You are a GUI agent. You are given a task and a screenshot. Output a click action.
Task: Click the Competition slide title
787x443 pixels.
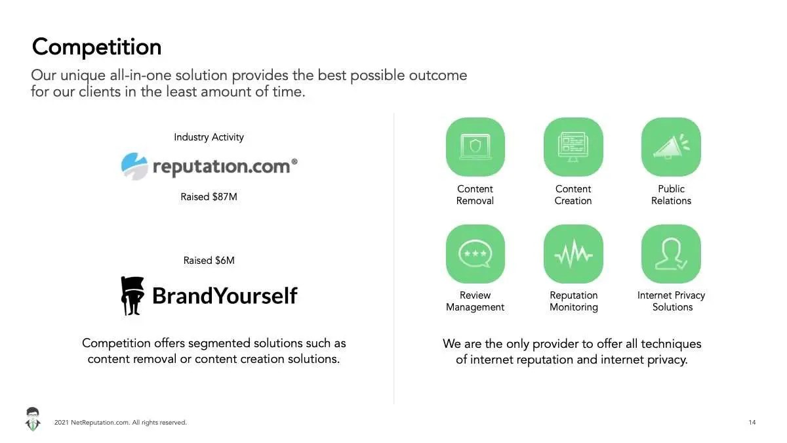(x=96, y=47)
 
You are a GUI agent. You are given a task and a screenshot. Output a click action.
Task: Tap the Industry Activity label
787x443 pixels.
(x=209, y=137)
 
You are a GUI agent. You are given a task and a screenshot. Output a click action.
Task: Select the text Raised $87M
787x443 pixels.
(x=209, y=197)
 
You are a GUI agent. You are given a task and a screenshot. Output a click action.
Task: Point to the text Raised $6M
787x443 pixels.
(x=209, y=261)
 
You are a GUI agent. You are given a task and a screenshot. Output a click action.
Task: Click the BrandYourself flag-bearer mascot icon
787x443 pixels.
(x=132, y=296)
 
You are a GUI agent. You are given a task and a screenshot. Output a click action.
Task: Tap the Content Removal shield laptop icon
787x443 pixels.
(x=475, y=147)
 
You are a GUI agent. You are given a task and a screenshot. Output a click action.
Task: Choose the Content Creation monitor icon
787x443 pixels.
(x=573, y=147)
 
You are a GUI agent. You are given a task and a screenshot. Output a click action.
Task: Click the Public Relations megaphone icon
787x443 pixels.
(x=671, y=147)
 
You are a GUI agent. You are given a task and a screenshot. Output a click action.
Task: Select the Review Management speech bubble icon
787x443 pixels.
(x=475, y=254)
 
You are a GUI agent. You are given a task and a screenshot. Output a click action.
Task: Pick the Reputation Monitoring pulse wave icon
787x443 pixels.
(x=573, y=254)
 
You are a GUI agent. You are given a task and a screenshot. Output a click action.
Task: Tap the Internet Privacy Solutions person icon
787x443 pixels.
(x=671, y=254)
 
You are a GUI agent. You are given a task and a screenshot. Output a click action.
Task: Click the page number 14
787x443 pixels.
(x=752, y=422)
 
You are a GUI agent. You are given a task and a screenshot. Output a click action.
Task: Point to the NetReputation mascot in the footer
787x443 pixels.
(x=33, y=419)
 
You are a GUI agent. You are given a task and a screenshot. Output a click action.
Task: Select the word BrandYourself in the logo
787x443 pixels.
(x=225, y=296)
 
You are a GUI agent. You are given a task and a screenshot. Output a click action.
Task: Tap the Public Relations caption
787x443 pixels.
(x=671, y=195)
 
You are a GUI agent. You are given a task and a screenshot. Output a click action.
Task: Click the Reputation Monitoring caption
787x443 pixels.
(x=574, y=301)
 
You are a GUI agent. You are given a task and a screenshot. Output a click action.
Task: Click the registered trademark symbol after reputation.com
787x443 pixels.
(x=294, y=161)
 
